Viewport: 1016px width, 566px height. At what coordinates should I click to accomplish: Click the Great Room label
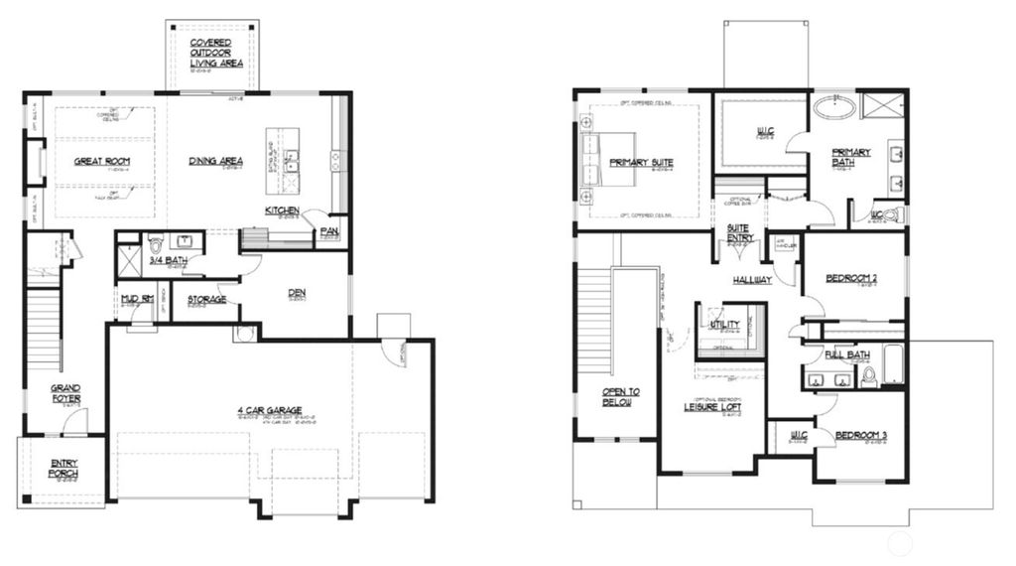coord(102,161)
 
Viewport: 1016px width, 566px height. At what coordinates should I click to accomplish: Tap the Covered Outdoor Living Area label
coord(210,53)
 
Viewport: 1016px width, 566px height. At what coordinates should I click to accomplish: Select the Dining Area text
coord(218,161)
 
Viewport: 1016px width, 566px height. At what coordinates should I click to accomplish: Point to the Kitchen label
coord(283,211)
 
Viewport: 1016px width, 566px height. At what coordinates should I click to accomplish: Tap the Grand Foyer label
coord(66,393)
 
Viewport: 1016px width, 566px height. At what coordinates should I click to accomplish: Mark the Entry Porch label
coord(64,469)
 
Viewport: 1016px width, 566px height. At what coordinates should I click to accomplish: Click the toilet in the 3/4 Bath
coord(155,243)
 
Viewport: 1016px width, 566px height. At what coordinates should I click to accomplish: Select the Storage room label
coord(206,299)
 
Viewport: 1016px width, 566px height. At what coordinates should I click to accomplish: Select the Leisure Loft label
coord(713,406)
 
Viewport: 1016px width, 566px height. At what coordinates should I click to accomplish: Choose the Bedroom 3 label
coord(859,436)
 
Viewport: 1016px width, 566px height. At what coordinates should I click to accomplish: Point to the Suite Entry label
coord(740,232)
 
